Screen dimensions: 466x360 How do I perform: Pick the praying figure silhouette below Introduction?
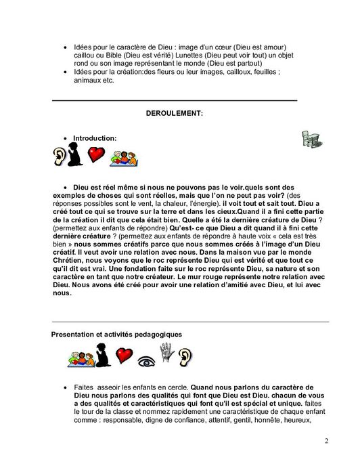click(76, 157)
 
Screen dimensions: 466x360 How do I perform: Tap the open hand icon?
click(166, 352)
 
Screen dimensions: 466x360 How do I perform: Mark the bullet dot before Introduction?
click(64, 138)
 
